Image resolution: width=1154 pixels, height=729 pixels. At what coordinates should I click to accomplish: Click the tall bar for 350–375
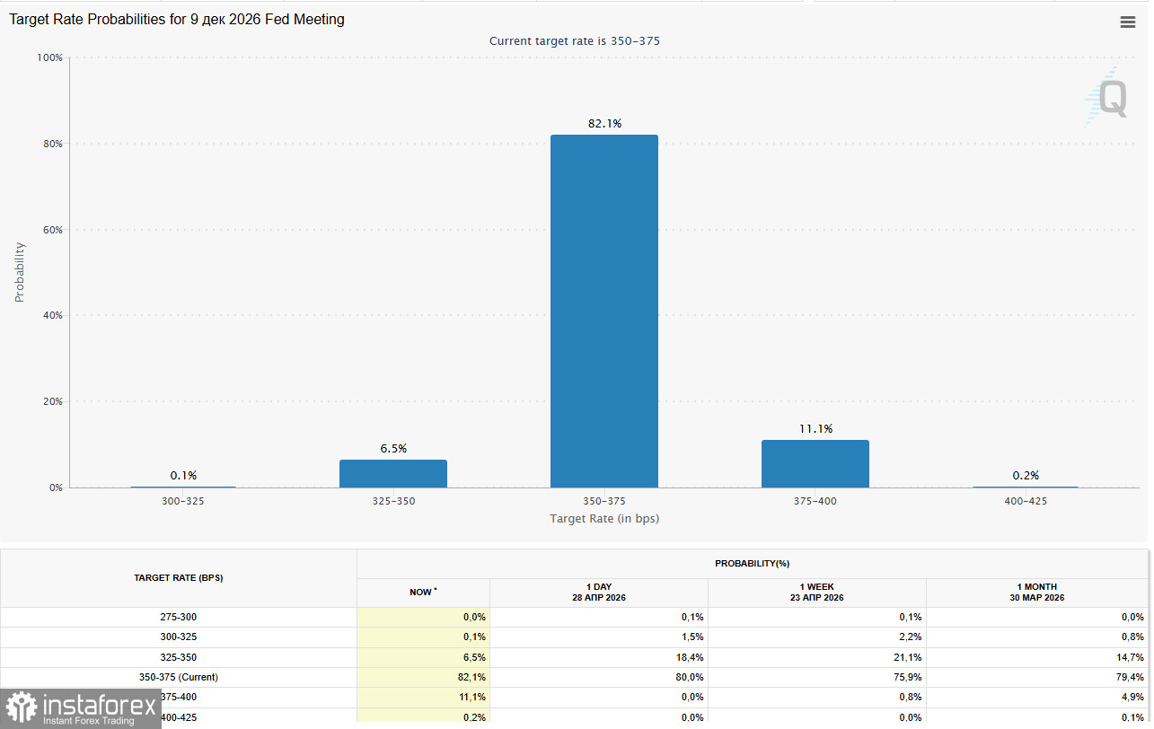click(x=603, y=311)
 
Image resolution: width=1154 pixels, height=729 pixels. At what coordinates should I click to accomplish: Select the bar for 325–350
click(x=392, y=473)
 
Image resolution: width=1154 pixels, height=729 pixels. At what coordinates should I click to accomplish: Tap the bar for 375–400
click(x=815, y=463)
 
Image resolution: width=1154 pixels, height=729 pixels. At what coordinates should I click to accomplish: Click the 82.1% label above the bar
click(x=604, y=123)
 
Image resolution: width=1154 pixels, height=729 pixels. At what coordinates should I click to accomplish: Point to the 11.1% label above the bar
click(x=815, y=428)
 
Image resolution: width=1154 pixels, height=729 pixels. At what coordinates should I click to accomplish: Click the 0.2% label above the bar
click(x=1026, y=475)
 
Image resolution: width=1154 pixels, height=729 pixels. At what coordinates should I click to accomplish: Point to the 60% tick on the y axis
click(x=50, y=230)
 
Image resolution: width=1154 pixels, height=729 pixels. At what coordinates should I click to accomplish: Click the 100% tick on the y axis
click(x=48, y=57)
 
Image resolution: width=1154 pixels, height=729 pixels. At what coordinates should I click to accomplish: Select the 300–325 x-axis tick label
click(x=182, y=501)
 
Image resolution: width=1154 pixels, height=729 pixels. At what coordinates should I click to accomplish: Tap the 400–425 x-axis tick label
click(x=1026, y=501)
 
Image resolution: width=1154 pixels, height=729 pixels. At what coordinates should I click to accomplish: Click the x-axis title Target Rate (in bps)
click(x=604, y=519)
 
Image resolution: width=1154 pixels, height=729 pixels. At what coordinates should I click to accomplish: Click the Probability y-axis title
click(x=20, y=272)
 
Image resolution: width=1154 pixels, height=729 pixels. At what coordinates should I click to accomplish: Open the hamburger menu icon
click(x=1128, y=22)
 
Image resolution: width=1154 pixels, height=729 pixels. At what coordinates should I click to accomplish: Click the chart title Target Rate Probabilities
click(x=177, y=19)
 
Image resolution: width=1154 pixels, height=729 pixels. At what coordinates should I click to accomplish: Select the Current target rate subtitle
click(x=575, y=41)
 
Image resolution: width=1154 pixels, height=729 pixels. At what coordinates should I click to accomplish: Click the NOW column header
click(x=423, y=593)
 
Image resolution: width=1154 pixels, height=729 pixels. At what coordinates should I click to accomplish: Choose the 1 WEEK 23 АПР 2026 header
click(x=816, y=592)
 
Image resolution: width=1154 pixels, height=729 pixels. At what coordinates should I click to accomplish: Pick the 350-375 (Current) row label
click(x=179, y=677)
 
